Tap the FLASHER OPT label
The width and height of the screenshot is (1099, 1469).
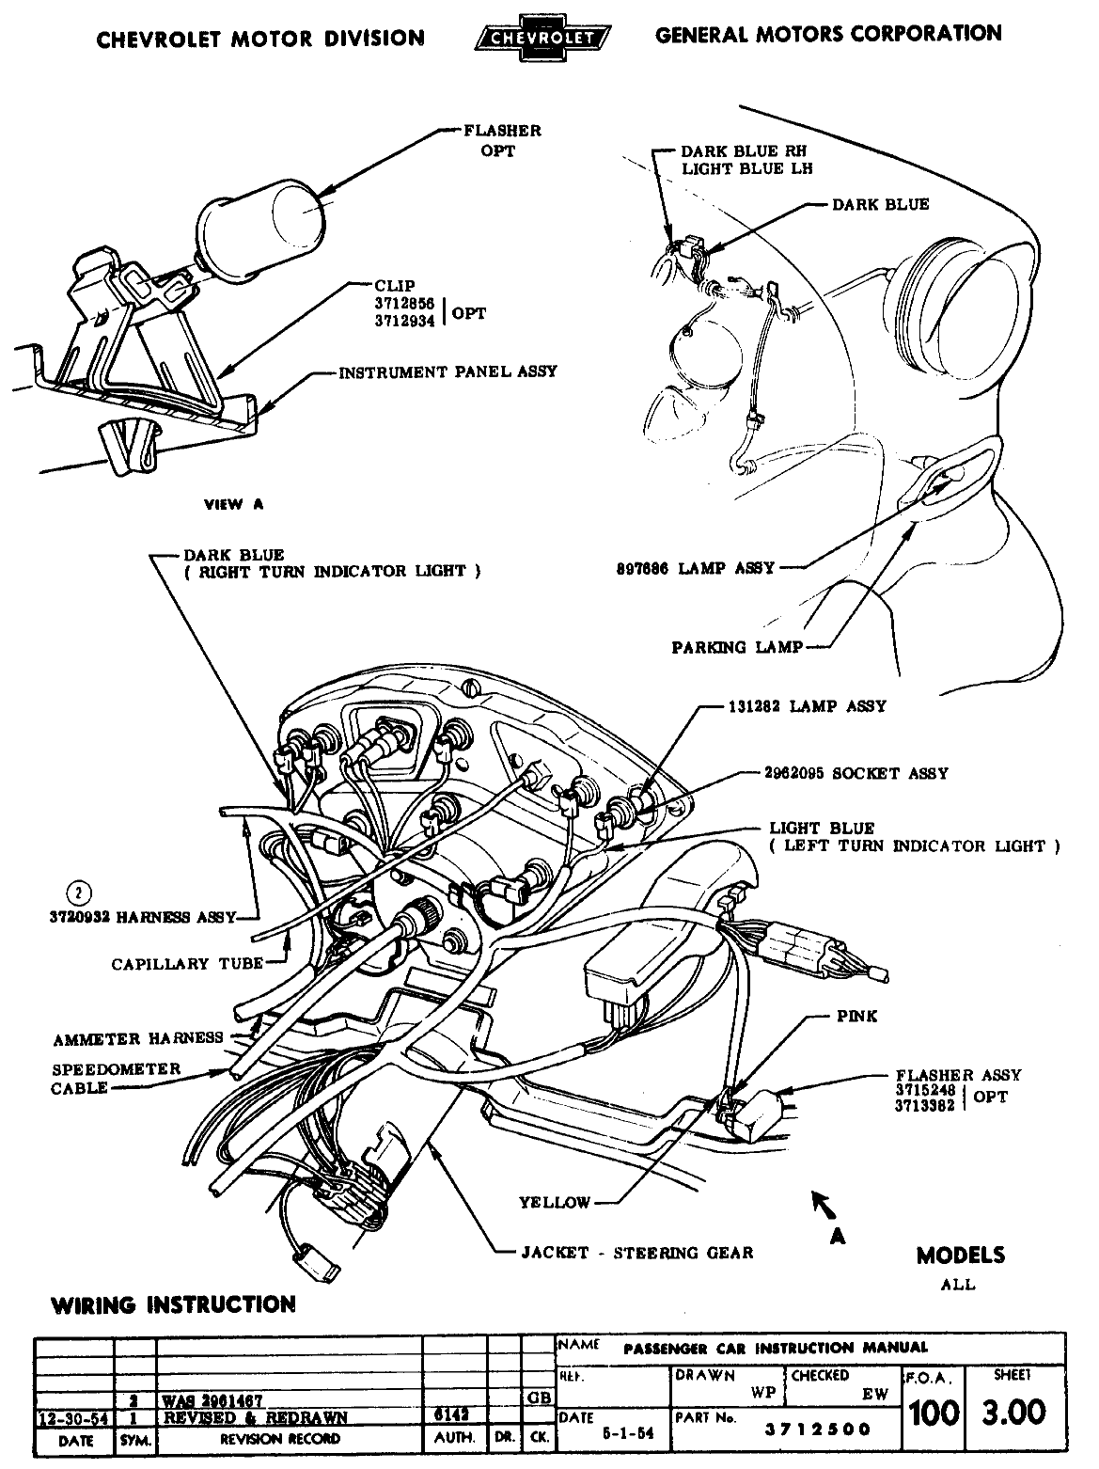click(502, 140)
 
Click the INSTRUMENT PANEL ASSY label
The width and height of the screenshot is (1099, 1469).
click(447, 371)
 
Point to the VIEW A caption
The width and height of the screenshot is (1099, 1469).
click(234, 504)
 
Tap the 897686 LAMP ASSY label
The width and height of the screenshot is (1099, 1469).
click(691, 567)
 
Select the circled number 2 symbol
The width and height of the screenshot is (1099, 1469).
click(82, 892)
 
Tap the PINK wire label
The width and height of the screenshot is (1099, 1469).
click(856, 1017)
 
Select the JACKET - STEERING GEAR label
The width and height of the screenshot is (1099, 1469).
click(636, 1253)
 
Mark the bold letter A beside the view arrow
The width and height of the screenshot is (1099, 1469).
click(837, 1237)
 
